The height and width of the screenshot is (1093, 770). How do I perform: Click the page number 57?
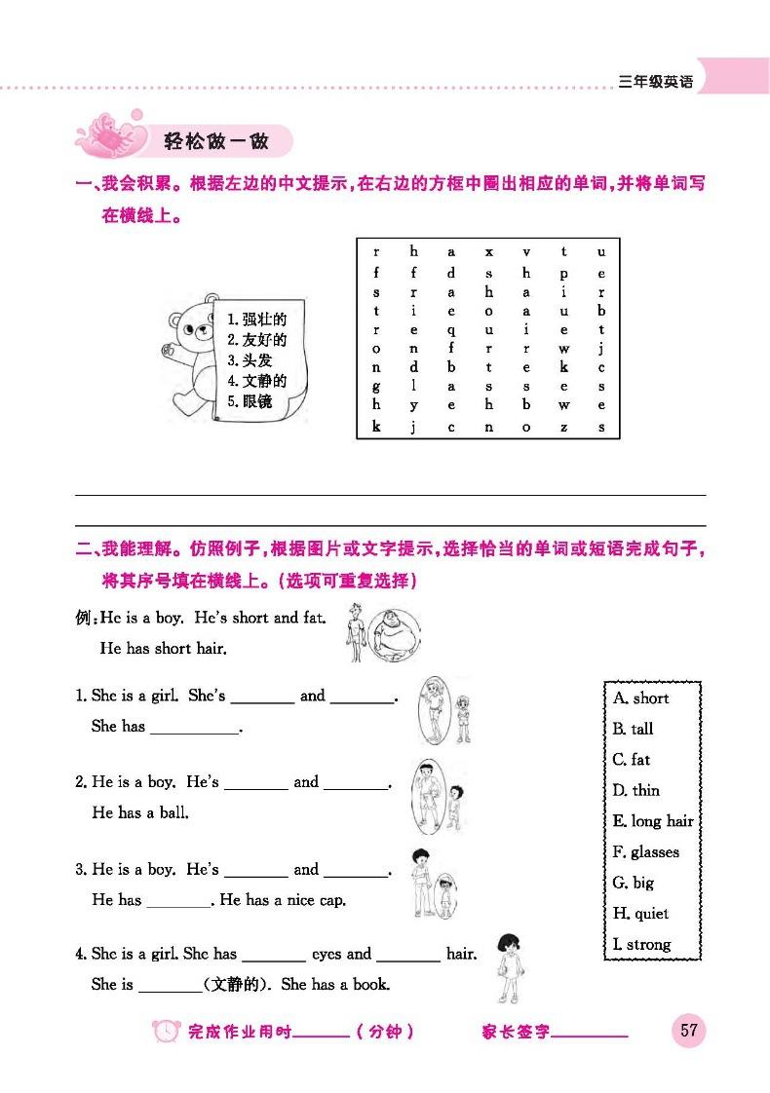pos(688,1030)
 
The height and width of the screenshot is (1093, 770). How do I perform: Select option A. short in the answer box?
pos(641,697)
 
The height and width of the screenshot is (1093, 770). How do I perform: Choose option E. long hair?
pos(653,820)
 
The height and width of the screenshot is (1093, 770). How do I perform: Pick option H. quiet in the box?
pos(641,913)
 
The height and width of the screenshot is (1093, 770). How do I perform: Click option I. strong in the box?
pos(642,944)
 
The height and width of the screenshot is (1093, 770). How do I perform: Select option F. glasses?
pos(646,851)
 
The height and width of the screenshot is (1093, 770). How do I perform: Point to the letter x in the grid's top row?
pos(489,251)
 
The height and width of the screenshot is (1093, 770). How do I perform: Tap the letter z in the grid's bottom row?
pos(564,427)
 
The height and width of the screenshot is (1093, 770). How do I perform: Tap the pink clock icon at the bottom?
pos(167,1032)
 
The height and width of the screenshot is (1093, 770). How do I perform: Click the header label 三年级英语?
pos(656,82)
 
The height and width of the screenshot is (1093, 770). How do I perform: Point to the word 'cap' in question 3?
pos(329,900)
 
